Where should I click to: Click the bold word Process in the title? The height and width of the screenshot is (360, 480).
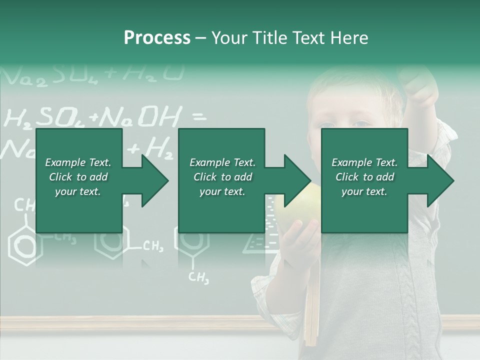coord(157,38)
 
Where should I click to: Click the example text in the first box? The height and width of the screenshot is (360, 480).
coord(78,177)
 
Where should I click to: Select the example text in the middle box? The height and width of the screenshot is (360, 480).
coord(222,177)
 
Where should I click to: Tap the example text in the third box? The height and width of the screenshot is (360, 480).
coord(364,177)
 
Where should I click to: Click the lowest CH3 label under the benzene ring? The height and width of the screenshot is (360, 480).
coord(198,277)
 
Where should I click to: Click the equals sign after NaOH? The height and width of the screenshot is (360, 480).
coord(198,117)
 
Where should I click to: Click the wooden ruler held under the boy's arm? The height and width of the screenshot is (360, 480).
coord(311,310)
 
